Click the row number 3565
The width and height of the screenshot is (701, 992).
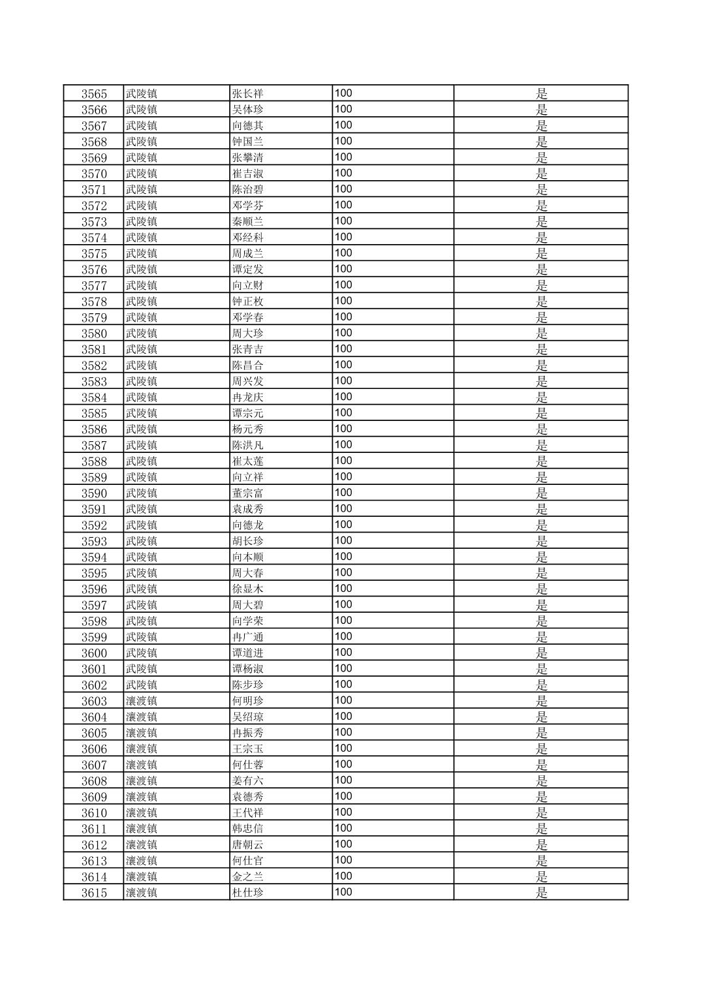point(94,94)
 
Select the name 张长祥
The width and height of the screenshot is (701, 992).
point(248,94)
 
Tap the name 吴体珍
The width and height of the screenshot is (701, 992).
point(248,110)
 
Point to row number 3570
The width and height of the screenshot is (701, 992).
point(94,174)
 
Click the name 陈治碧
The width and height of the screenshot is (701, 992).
point(248,190)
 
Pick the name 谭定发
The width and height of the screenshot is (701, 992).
point(248,270)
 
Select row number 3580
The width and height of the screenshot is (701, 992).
point(94,333)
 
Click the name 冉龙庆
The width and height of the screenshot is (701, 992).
point(248,397)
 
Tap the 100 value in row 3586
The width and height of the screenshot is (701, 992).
point(343,429)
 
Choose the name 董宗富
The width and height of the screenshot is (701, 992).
point(248,493)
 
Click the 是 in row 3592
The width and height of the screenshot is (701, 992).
point(542,525)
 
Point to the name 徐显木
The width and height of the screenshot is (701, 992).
point(248,589)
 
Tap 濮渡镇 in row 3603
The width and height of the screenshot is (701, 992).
point(142,701)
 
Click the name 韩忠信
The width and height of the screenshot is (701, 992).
point(248,829)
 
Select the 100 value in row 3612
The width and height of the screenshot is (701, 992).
point(343,845)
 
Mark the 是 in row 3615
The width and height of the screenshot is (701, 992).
point(542,893)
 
